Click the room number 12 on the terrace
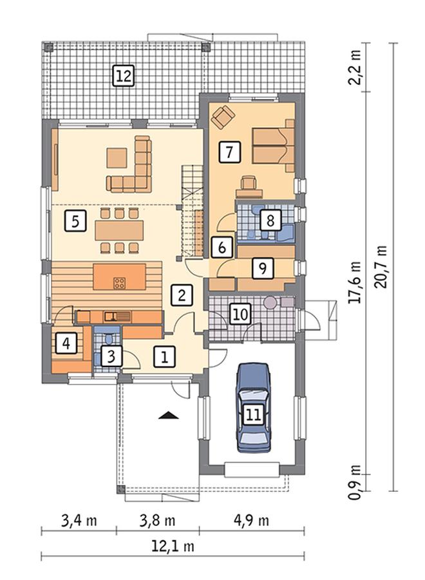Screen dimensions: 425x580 click(123, 76)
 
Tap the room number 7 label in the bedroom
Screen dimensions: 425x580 click(230, 152)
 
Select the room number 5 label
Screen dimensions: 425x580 click(75, 221)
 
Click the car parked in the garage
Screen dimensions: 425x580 click(254, 408)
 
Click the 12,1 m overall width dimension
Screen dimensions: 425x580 click(173, 546)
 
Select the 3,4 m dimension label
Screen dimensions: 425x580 click(79, 521)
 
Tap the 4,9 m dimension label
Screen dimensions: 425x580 click(251, 521)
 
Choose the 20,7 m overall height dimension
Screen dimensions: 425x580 click(381, 266)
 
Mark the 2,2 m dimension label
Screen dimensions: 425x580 click(355, 67)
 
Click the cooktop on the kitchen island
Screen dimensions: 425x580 click(119, 283)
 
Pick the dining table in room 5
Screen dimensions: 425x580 click(119, 230)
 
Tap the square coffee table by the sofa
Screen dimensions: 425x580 click(117, 158)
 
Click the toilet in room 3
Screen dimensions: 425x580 click(109, 338)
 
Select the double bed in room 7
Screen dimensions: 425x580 click(274, 145)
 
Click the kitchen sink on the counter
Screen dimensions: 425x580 click(117, 316)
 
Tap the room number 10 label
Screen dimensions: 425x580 click(241, 314)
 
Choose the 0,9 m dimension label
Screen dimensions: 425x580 click(355, 482)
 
